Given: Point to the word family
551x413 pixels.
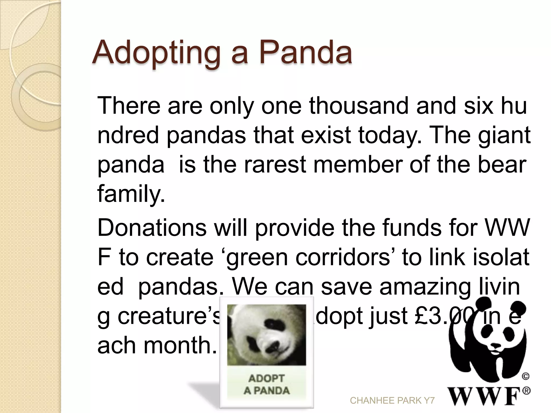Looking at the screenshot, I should pos(130,194).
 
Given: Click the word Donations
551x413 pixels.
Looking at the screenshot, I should pos(152,228).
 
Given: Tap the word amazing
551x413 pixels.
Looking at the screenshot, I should pos(425,287).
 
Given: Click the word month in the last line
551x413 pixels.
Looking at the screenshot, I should pos(180,346).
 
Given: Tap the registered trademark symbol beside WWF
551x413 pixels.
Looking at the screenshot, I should pos(527,391).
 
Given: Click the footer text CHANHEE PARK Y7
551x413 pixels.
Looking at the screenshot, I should pos(392,401).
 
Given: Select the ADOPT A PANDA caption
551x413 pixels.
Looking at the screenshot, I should pos(266,384).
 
